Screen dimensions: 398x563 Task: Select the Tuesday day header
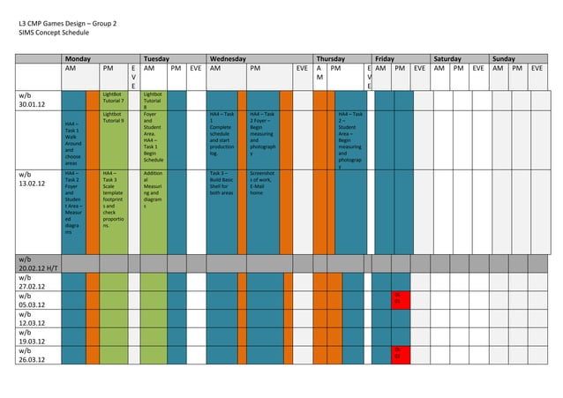[157, 58]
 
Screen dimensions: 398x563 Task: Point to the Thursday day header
[331, 58]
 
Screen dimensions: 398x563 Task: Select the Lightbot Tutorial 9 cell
[113, 117]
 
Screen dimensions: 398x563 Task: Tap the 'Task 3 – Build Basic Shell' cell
[223, 184]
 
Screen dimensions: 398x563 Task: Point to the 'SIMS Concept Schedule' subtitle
[54, 32]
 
